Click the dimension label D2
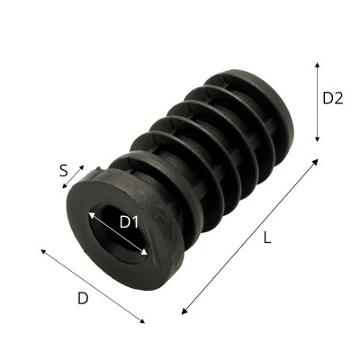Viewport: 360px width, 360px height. tap(333, 98)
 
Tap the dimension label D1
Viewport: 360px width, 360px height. tap(130, 222)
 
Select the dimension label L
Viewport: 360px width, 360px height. tap(267, 238)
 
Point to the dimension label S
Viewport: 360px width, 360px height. tap(63, 171)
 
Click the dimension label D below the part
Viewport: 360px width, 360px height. tap(83, 299)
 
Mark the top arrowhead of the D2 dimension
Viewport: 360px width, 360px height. tap(317, 66)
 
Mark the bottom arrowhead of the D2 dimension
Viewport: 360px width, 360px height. tap(317, 139)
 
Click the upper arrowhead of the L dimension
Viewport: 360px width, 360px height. tap(315, 162)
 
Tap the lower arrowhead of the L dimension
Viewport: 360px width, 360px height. tap(184, 311)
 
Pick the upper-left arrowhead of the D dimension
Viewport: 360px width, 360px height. tap(43, 251)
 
